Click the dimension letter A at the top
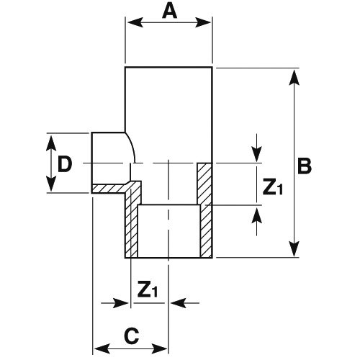(170, 11)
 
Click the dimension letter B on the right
(305, 166)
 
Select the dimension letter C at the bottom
(132, 336)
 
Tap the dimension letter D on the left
(65, 164)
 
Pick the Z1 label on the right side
(273, 186)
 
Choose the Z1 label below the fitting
(148, 289)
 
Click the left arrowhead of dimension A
(135, 22)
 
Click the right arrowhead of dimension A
(203, 22)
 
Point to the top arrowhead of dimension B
(294, 77)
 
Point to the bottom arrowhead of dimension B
(294, 249)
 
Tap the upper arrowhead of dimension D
(51, 143)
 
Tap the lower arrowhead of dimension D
(51, 184)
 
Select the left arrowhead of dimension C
(102, 348)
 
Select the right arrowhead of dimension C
(159, 348)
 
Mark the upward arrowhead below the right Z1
(257, 215)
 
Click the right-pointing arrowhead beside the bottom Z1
(121, 303)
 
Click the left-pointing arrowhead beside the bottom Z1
(179, 303)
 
